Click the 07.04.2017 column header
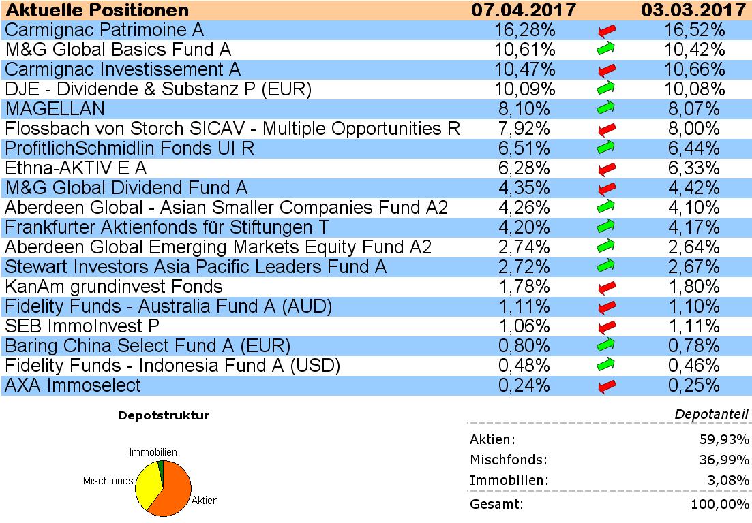coord(524,10)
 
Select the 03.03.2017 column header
coord(693,10)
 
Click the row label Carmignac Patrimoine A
coord(104,30)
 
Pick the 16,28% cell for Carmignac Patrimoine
coord(524,30)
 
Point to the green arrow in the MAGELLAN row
coord(605,108)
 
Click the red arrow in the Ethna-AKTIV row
coord(605,168)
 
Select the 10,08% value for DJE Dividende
coord(693,89)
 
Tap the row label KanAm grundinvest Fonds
coord(113,287)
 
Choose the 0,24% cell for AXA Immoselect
coord(524,385)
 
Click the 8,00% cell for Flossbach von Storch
coord(693,129)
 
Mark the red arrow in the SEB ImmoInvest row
coord(605,326)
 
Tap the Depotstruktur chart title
coord(164,415)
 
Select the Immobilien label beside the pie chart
coord(153,452)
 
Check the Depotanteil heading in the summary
coord(712,414)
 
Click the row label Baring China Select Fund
coord(147,346)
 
